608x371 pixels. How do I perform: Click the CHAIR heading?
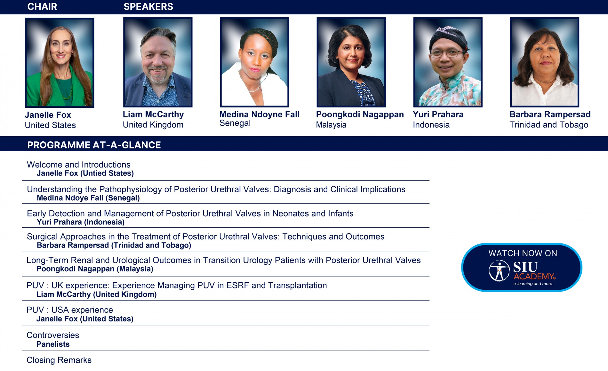tap(42, 7)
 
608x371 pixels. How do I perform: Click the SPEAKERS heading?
tap(148, 7)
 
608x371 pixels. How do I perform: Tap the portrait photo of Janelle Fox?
tap(60, 63)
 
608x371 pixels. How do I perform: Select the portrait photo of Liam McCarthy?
tap(158, 62)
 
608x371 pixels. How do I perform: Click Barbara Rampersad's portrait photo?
tap(545, 62)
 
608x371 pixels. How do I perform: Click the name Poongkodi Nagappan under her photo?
tap(360, 114)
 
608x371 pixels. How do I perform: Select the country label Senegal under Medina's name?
tap(235, 123)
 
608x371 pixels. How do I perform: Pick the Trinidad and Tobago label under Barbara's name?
tap(549, 125)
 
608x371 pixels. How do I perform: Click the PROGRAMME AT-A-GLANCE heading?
tap(94, 145)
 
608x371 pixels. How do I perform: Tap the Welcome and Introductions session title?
tap(79, 165)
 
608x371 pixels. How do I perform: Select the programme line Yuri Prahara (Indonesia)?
tap(81, 222)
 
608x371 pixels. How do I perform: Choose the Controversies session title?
tap(53, 335)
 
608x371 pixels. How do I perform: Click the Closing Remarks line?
tap(59, 360)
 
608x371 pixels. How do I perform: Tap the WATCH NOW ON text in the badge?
tap(523, 253)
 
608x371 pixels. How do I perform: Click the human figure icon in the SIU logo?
tap(499, 271)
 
